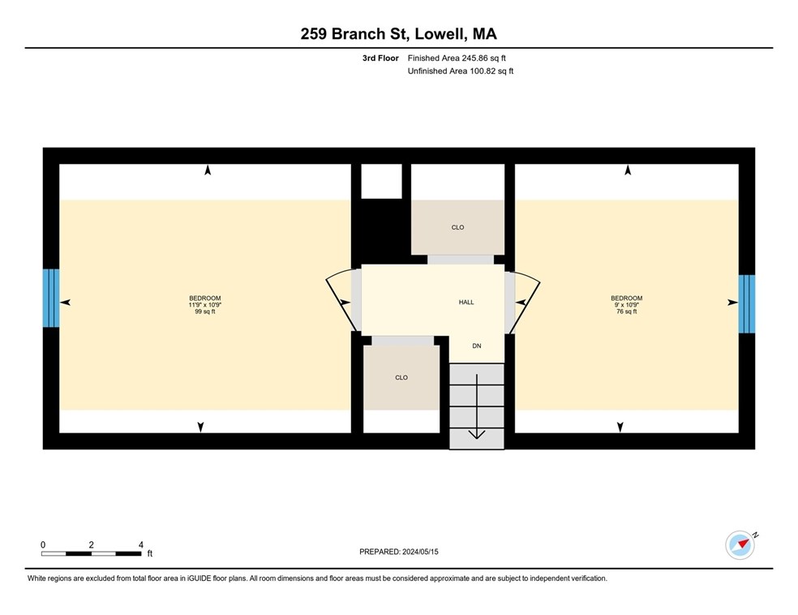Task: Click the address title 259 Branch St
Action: click(x=398, y=34)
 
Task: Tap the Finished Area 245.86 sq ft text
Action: click(x=457, y=58)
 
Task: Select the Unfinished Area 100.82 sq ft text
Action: click(x=460, y=71)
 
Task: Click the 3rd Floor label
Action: click(x=380, y=58)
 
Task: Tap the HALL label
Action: click(x=466, y=302)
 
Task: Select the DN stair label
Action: click(x=477, y=346)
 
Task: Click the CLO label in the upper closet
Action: click(x=457, y=227)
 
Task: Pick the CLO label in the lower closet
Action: click(x=401, y=377)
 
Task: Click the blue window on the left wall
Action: click(x=51, y=298)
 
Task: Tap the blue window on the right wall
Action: click(x=746, y=303)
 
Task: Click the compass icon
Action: click(x=740, y=544)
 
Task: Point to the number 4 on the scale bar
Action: click(x=140, y=544)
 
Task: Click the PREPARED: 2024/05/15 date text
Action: click(x=398, y=552)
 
